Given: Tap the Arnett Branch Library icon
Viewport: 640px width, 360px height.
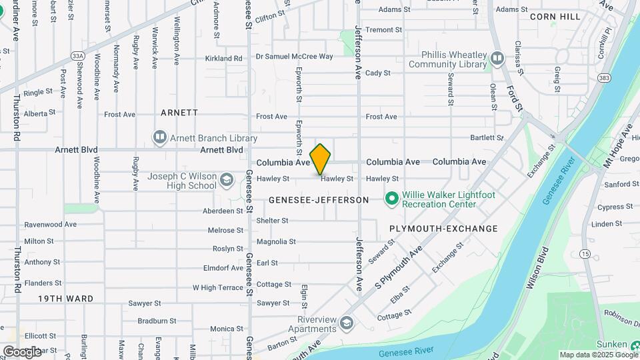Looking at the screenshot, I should tap(159, 138).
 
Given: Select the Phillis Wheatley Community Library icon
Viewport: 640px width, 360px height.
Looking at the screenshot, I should tap(497, 59).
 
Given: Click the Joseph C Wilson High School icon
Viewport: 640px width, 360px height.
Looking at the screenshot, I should tap(227, 180).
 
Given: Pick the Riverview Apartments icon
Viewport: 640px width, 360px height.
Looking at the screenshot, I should tap(346, 324).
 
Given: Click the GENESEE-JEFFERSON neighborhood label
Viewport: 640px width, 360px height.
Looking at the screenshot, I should tap(319, 200).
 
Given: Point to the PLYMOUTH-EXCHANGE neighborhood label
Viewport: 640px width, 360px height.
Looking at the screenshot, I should tap(443, 229).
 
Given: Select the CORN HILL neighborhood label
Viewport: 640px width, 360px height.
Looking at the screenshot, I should tap(556, 17).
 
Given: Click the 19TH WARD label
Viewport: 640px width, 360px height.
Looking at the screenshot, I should tap(65, 299).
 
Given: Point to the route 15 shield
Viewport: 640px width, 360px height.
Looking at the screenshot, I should tap(585, 253).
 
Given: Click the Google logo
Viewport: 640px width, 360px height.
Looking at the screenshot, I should tap(22, 351).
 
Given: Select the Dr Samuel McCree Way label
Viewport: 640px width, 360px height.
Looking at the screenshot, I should tap(294, 57).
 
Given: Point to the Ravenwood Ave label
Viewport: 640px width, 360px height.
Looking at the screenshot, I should tap(51, 225).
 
